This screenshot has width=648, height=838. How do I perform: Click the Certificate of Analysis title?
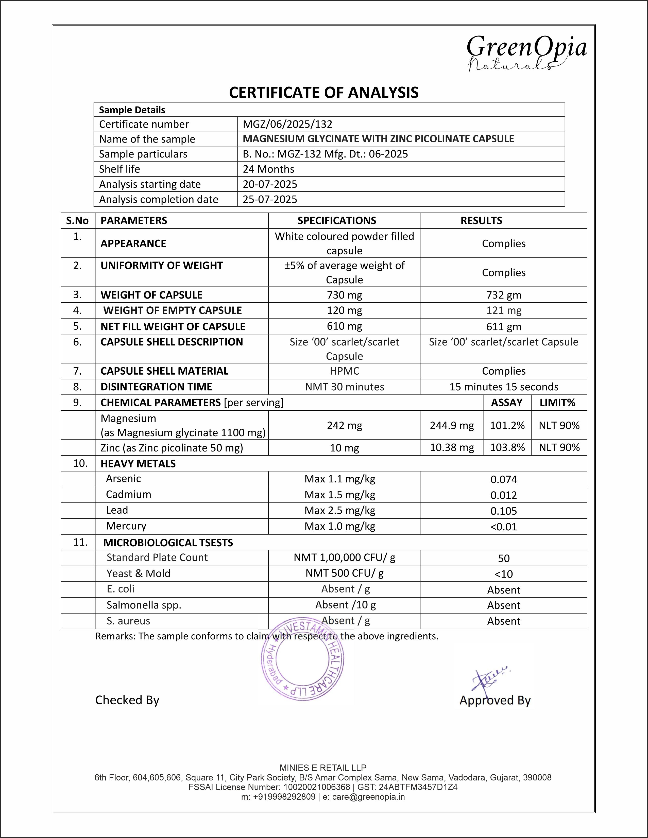(323, 93)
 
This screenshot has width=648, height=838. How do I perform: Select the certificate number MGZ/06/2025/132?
(287, 124)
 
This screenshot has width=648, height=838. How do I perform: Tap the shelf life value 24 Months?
(268, 169)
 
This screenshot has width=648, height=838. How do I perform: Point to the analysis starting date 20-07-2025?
(270, 184)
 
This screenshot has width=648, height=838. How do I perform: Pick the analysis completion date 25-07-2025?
(270, 199)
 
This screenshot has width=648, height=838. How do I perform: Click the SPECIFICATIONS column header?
(337, 221)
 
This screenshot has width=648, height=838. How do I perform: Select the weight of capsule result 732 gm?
(504, 295)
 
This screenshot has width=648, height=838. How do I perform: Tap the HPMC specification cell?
(344, 371)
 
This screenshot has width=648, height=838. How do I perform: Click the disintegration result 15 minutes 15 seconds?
(504, 387)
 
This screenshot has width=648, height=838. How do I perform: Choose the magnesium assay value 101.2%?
(507, 426)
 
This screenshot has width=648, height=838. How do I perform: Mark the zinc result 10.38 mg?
(452, 448)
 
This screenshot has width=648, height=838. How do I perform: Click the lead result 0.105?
(504, 511)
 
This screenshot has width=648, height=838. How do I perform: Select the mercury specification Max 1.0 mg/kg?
(340, 527)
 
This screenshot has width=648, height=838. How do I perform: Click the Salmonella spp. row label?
(144, 605)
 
